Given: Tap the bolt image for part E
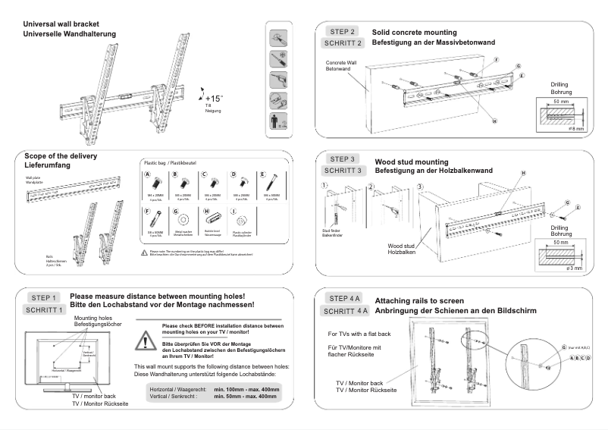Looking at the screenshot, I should [x=265, y=184].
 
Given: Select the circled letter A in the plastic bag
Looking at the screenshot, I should [x=149, y=174].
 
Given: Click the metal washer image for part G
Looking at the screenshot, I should [x=178, y=221].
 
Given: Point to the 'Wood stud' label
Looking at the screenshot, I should [x=400, y=246].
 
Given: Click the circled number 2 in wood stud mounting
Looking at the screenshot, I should [x=370, y=185].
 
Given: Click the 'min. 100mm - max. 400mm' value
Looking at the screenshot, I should [x=246, y=388].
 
